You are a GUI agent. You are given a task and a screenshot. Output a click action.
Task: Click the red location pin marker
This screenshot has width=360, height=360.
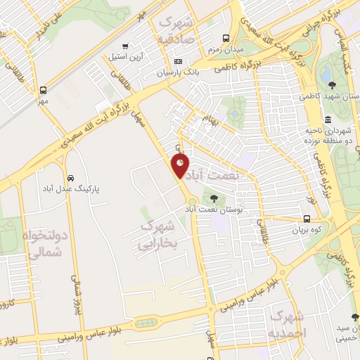(181, 166)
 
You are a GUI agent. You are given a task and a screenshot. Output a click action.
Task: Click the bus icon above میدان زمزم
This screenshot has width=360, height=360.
(226, 39)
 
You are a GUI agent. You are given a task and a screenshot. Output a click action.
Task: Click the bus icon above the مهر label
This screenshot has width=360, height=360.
(44, 90)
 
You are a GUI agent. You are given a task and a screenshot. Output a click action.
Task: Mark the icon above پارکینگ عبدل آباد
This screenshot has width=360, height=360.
(70, 177)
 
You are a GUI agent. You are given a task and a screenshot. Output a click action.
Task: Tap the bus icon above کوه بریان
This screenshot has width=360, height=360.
(307, 219)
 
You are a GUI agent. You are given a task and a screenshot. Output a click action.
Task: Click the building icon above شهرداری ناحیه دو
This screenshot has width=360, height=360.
(328, 117)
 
